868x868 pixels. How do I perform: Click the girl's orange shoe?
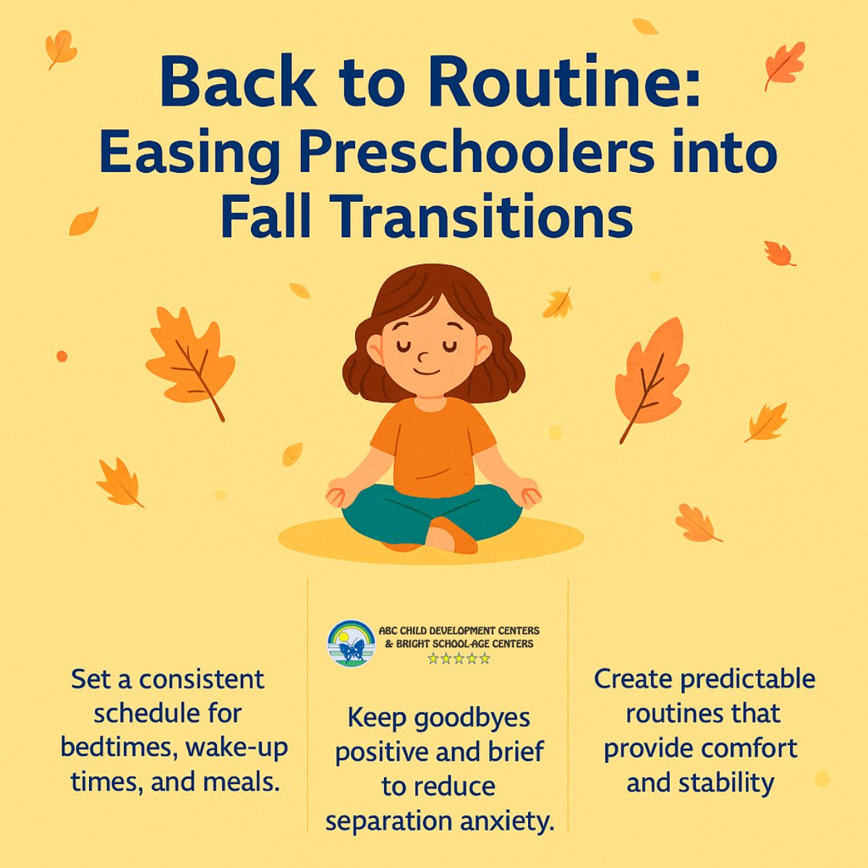click(456, 539)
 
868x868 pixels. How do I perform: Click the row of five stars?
click(459, 659)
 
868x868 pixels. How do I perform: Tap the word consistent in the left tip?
click(202, 680)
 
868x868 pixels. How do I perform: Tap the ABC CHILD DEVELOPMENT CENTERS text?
click(459, 631)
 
